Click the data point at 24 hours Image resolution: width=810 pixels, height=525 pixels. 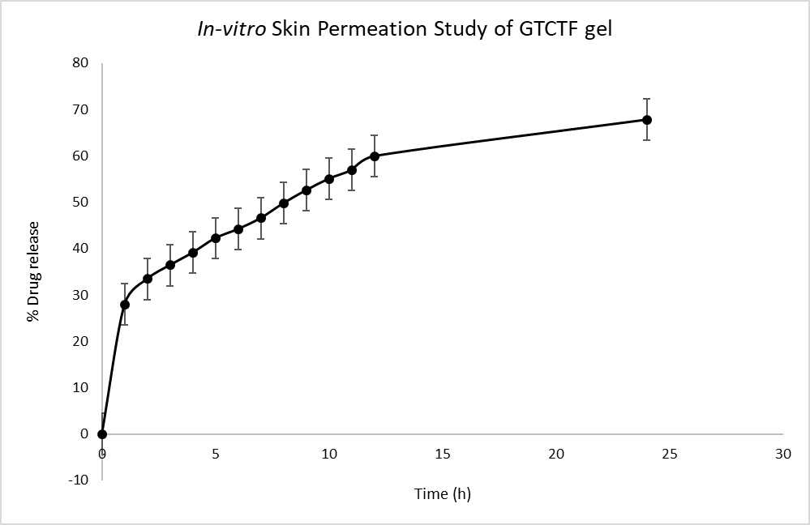[x=647, y=120]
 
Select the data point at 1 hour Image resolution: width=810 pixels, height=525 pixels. [x=125, y=305]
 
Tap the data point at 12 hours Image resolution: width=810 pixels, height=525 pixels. [x=375, y=156]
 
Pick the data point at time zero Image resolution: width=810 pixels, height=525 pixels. [x=102, y=434]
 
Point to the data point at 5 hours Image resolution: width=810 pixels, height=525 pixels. [x=216, y=238]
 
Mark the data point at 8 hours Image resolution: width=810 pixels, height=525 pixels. [x=284, y=203]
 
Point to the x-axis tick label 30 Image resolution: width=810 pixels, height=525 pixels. [x=782, y=455]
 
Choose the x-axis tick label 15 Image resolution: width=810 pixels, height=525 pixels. [x=442, y=455]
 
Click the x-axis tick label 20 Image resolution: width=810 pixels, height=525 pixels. [x=555, y=455]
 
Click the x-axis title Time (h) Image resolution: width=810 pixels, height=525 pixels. [x=442, y=494]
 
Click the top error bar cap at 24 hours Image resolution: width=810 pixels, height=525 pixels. [x=647, y=99]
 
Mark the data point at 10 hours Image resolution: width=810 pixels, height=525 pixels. [x=329, y=179]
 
